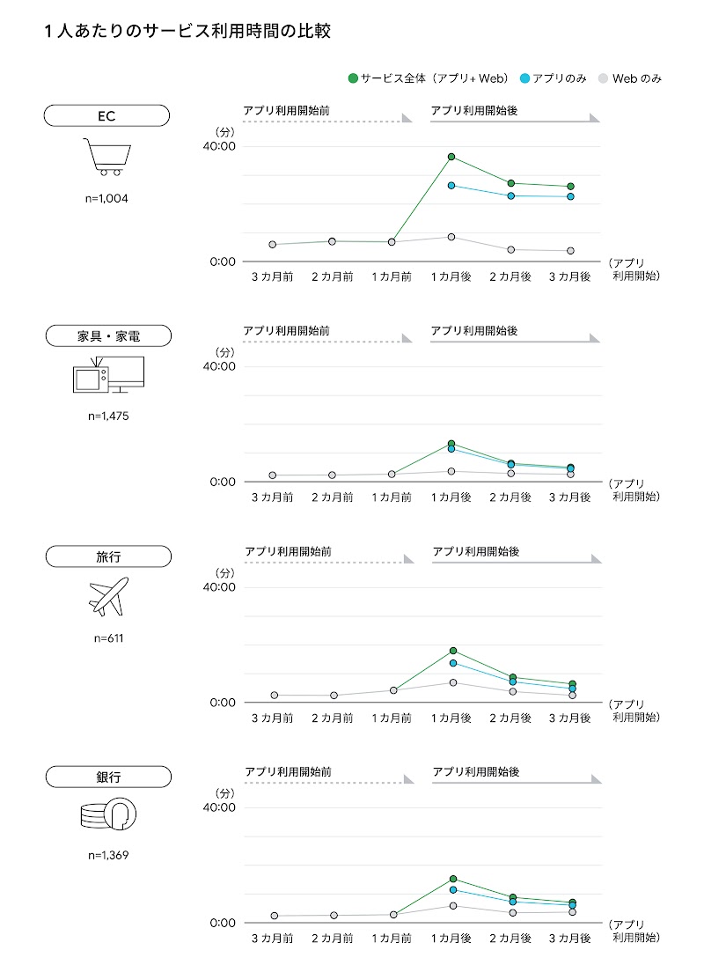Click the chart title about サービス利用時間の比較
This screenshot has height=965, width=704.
[x=187, y=32]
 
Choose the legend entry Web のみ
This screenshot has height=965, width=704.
[x=629, y=78]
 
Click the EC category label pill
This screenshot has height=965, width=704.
[x=106, y=115]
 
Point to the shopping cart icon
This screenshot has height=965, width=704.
[x=106, y=157]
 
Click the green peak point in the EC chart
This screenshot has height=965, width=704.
[x=451, y=157]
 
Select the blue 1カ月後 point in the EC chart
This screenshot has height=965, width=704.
[x=451, y=186]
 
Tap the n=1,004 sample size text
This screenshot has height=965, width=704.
[x=107, y=198]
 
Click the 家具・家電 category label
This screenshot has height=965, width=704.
[x=107, y=335]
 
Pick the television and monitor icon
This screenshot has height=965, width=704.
[x=107, y=375]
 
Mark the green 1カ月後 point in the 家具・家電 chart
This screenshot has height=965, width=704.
[x=451, y=444]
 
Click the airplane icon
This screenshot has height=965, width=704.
[x=108, y=596]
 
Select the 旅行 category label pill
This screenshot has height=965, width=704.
[x=108, y=556]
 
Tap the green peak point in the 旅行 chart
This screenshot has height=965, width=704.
[x=453, y=651]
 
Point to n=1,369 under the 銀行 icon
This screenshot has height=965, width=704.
[x=108, y=855]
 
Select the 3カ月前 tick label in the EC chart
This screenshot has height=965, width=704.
[x=272, y=276]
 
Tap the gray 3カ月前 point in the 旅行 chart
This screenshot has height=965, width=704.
[x=274, y=696]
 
